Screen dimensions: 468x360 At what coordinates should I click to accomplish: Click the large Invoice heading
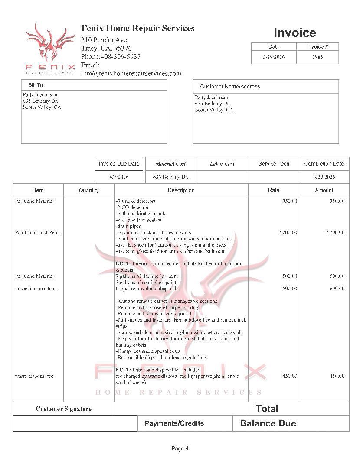[295, 32]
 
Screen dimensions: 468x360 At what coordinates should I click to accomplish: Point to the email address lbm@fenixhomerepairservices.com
[131, 73]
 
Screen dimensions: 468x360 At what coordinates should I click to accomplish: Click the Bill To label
[36, 85]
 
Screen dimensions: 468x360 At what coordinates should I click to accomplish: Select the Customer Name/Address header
[230, 86]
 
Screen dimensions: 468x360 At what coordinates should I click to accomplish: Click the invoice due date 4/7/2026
[119, 177]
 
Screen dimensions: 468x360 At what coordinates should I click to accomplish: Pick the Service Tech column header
[274, 164]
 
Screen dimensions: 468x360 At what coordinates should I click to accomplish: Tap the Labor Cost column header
[222, 164]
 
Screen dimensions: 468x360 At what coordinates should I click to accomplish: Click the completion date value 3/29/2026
[324, 177]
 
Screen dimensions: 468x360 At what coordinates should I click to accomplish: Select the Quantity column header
[88, 190]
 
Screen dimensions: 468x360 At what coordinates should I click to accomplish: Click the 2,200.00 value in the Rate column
[288, 233]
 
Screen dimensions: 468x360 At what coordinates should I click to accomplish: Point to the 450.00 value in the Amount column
[337, 376]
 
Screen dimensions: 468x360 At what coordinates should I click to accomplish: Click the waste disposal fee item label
[34, 376]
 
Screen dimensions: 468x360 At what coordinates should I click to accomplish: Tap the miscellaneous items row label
[36, 289]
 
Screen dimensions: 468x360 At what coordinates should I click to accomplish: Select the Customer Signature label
[63, 409]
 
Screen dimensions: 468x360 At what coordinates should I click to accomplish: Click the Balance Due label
[268, 423]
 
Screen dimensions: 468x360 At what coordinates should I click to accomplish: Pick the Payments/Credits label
[174, 423]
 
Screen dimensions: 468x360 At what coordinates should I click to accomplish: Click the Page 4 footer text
[180, 448]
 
